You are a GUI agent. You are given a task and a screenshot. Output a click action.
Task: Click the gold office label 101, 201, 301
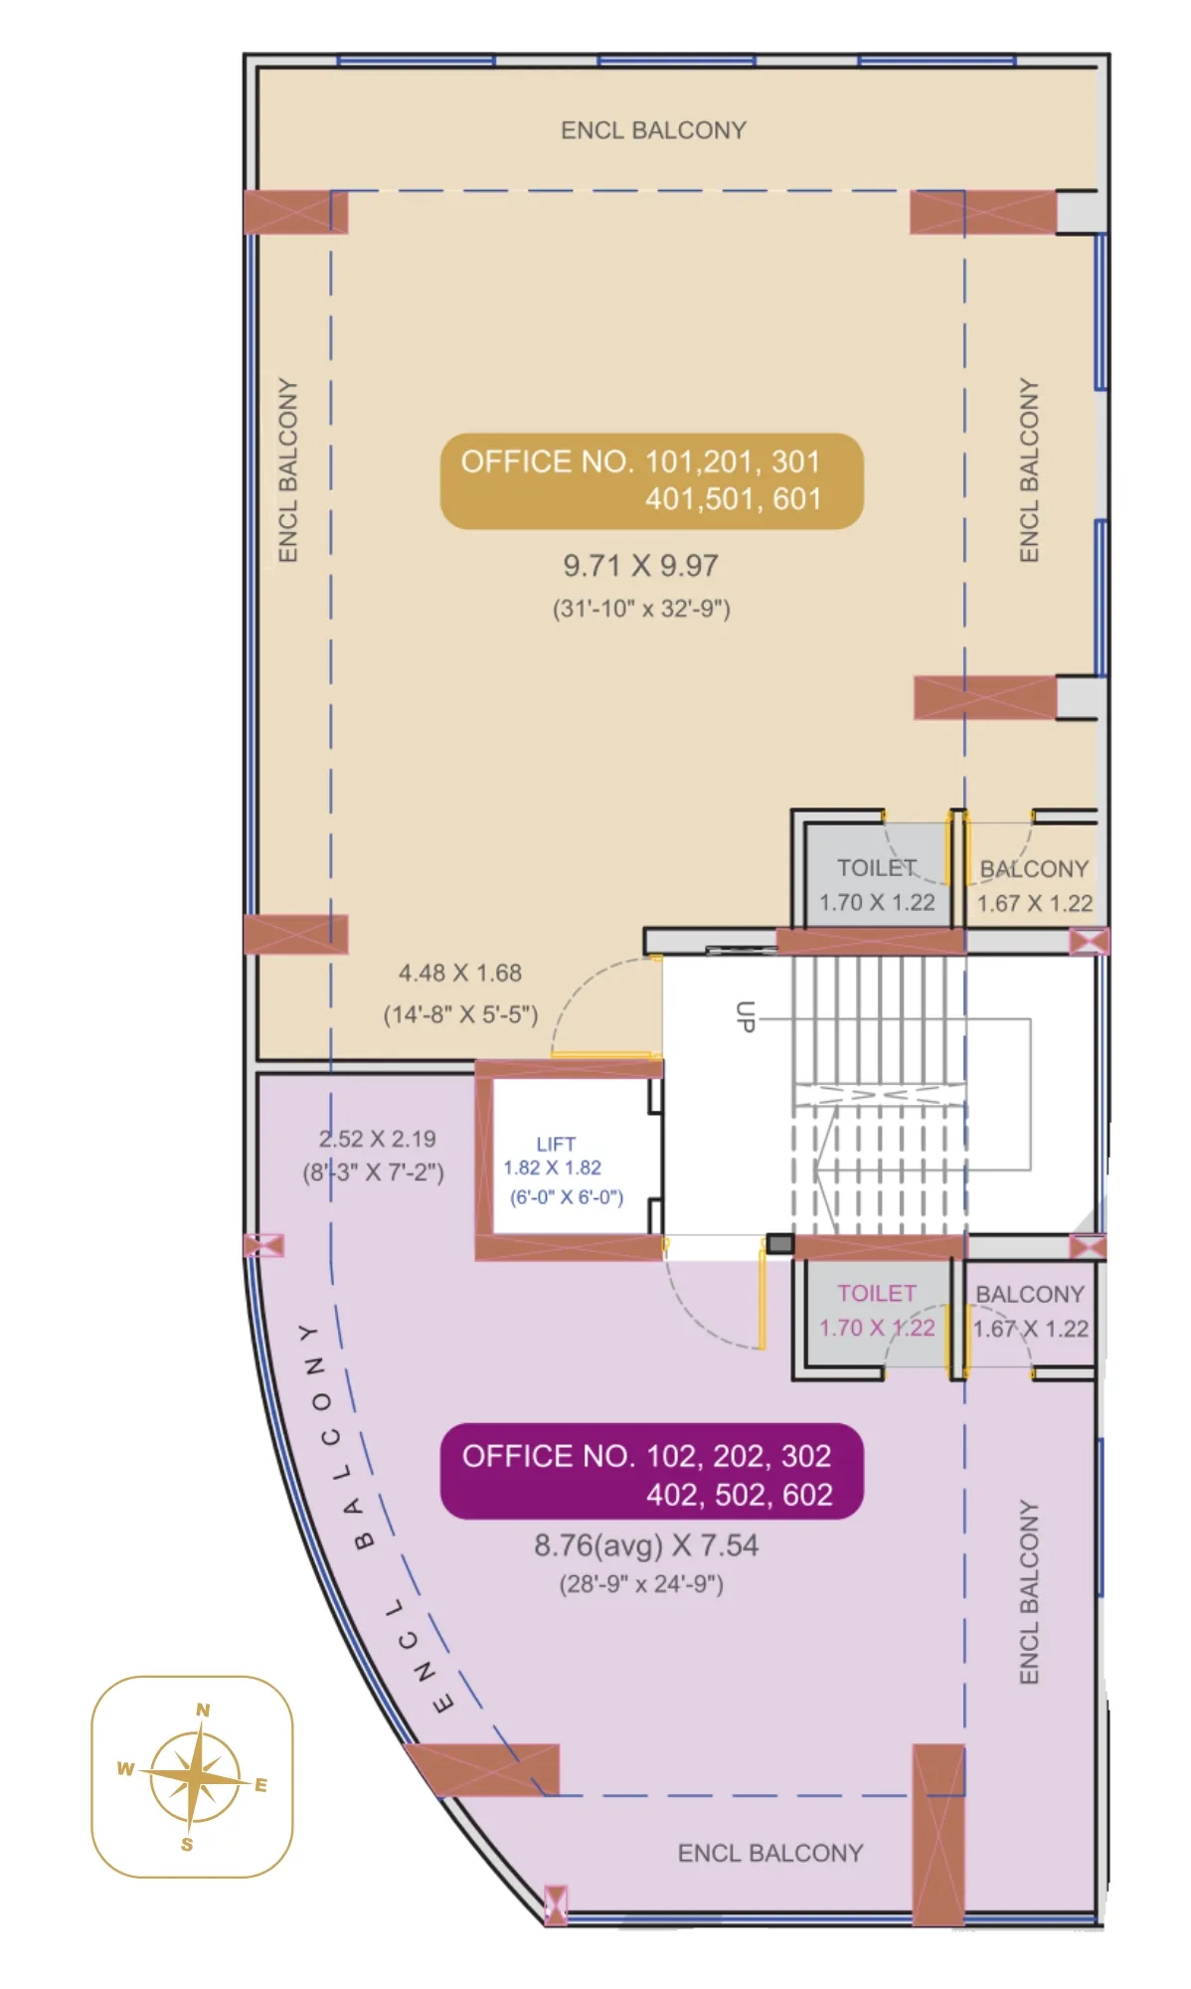[x=651, y=480]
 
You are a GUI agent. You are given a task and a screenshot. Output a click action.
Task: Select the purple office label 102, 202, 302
[x=651, y=1473]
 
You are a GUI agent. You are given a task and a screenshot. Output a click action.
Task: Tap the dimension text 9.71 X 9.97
[x=640, y=566]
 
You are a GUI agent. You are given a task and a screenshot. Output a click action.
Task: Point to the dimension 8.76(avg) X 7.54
[x=645, y=1545]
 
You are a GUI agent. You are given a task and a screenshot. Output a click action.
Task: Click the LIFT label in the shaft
[x=556, y=1144]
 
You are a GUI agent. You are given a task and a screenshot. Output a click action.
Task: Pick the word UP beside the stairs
[x=745, y=1015]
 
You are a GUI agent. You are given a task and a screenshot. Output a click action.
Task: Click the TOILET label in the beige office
[x=875, y=868]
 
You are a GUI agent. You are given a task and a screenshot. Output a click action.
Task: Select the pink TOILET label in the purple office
[x=876, y=1293]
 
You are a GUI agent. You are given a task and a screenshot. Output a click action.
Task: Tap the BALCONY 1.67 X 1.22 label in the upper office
[x=1034, y=885]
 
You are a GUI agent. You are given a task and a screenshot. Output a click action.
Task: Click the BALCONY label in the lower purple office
[x=1029, y=1294]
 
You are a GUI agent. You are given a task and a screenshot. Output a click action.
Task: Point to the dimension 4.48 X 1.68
[x=459, y=973]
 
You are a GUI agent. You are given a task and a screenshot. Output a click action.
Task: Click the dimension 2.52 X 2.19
[x=377, y=1139]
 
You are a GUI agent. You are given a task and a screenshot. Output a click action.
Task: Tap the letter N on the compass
[x=203, y=1710]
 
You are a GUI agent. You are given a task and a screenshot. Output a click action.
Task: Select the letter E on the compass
[x=260, y=1784]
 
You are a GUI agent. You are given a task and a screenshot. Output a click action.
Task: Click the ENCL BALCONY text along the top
[x=653, y=130]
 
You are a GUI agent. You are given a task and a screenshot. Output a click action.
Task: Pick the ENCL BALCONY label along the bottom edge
[x=769, y=1853]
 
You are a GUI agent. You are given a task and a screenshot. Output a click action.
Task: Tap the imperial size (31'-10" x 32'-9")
[x=641, y=609]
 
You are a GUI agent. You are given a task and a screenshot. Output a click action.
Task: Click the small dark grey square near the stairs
[x=779, y=1243]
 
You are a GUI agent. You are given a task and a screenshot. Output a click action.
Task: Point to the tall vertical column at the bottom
[x=937, y=1833]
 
